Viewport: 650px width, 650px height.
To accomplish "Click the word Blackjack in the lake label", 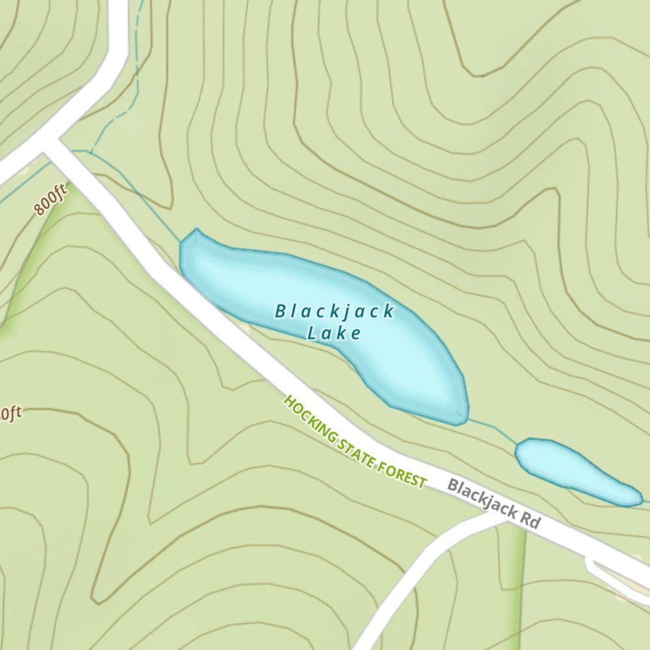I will click(x=335, y=311).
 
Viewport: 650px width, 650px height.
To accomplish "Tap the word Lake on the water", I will click(x=334, y=333).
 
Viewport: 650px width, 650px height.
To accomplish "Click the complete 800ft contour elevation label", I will click(x=51, y=201).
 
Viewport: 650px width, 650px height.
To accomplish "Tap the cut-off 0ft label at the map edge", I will click(x=10, y=413).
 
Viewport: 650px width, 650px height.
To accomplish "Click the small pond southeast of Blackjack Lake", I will click(x=572, y=471).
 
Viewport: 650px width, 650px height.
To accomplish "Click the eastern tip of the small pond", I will click(x=641, y=500).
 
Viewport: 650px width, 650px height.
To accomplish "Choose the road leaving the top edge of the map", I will click(x=118, y=19).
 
